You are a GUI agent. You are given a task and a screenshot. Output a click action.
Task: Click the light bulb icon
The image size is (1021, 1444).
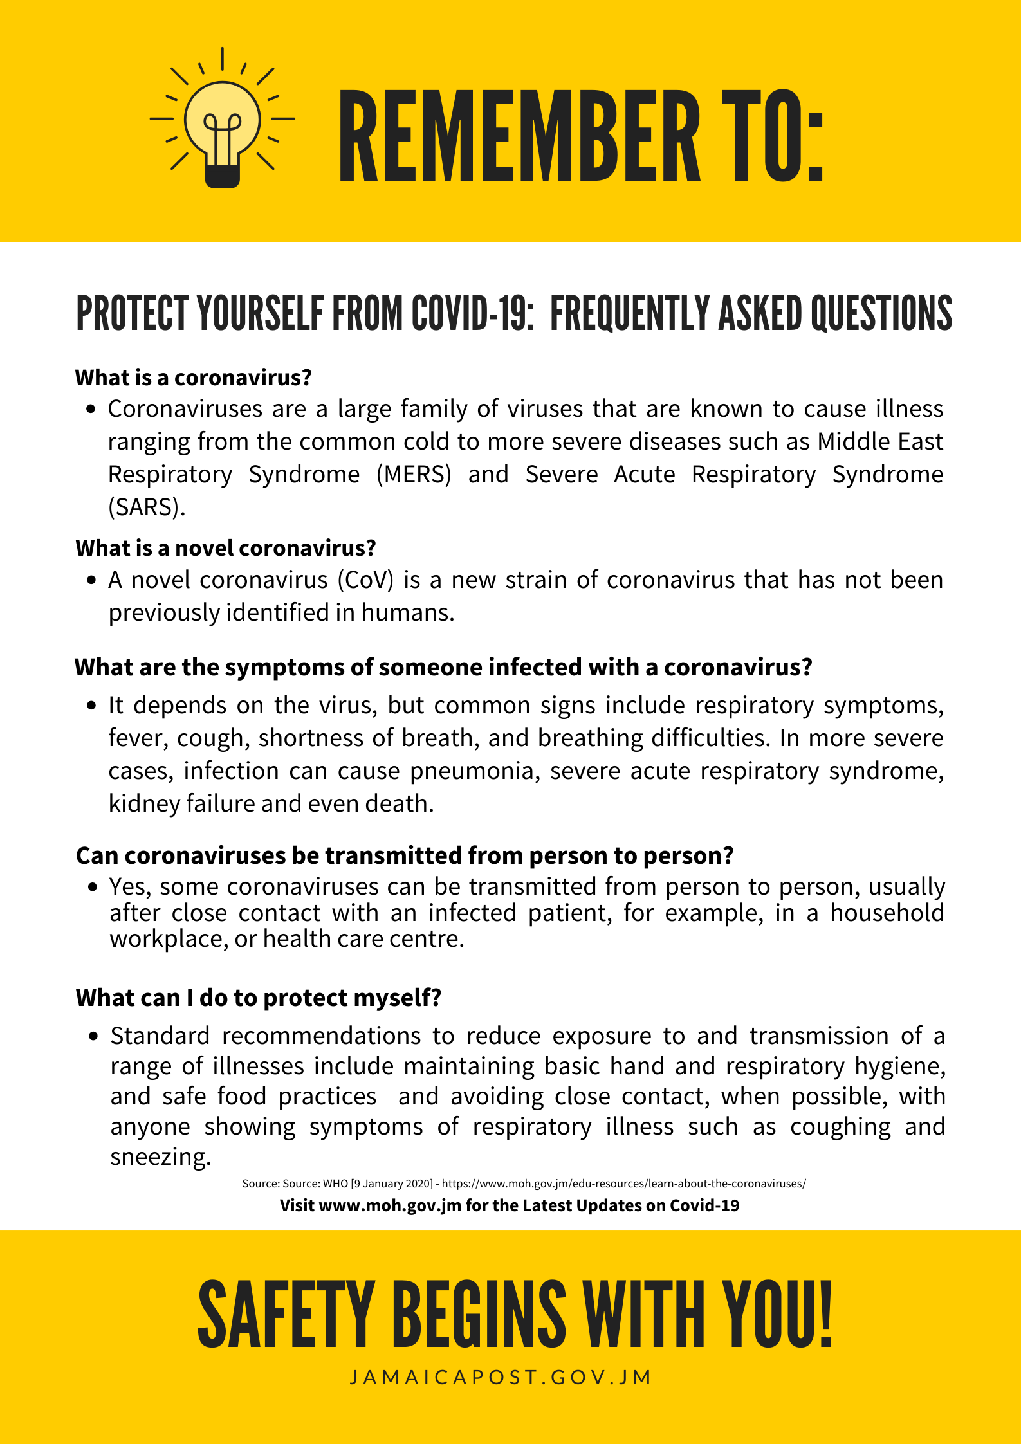222,122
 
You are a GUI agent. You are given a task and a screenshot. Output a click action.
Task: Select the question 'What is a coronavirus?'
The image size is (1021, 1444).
193,378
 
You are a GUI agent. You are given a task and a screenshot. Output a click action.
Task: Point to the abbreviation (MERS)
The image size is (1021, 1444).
414,475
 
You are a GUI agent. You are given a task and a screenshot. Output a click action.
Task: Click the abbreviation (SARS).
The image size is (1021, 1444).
146,507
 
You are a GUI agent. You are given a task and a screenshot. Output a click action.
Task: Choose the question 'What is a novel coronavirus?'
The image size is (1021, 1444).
225,548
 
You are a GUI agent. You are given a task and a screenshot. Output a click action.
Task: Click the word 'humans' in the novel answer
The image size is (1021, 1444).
407,613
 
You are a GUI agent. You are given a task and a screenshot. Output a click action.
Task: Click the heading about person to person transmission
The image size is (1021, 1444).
405,856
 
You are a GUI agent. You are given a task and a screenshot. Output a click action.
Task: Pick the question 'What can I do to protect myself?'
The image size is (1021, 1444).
258,998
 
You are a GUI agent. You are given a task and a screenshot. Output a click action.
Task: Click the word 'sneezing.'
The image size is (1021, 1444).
160,1156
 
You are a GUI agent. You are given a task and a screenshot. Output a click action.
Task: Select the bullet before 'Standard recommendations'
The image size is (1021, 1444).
94,1036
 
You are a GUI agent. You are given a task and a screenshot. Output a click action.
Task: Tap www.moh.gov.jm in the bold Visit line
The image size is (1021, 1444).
389,1205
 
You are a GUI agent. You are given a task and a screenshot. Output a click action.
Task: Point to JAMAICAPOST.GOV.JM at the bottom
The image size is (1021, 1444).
501,1377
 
